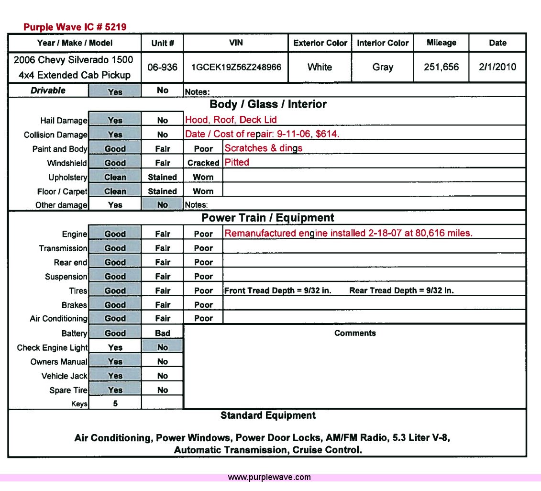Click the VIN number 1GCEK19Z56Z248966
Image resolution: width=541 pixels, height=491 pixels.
click(236, 67)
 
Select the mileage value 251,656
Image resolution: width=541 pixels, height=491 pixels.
click(441, 67)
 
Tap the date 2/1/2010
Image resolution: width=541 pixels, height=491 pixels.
click(497, 67)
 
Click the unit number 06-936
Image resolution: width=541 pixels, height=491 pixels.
click(162, 67)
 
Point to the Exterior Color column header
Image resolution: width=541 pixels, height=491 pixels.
click(320, 43)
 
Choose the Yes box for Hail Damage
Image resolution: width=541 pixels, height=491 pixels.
click(115, 121)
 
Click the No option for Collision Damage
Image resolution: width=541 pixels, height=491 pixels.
click(163, 135)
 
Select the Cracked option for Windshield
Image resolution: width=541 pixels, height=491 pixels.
click(203, 163)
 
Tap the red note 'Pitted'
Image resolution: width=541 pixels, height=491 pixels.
click(237, 162)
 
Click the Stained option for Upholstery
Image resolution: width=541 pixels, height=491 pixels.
click(162, 177)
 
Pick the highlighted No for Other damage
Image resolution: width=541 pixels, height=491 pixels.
click(163, 205)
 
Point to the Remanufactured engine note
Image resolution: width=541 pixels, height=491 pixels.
click(348, 234)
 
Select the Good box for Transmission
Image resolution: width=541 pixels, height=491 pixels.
click(115, 248)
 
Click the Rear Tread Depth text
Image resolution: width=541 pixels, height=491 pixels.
click(401, 290)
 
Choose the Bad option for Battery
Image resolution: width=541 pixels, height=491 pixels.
click(163, 333)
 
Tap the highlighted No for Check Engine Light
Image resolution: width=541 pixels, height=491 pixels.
click(163, 347)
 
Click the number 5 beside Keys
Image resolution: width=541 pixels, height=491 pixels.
click(115, 403)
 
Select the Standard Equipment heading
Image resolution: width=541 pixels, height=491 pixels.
click(268, 415)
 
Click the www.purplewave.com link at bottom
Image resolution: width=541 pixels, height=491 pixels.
click(269, 477)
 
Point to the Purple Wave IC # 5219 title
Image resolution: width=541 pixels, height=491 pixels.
click(75, 27)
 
